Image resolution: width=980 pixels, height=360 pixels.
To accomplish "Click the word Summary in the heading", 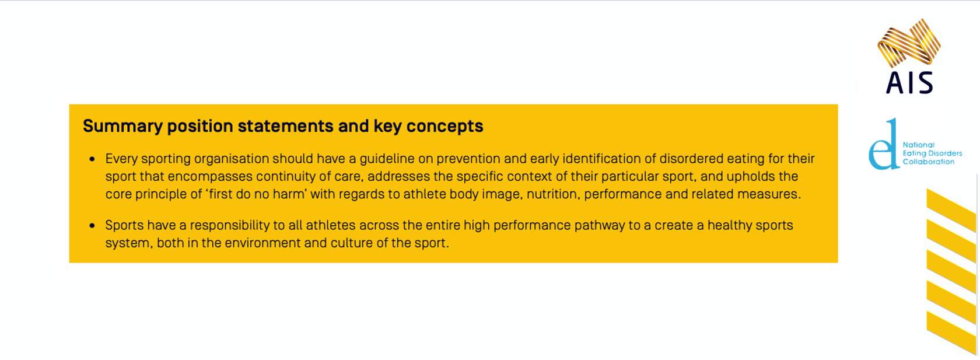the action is coord(123,127).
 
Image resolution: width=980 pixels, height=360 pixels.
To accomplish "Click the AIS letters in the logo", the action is coord(909,83).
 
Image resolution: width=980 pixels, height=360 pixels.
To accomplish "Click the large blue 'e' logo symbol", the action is coord(883,144).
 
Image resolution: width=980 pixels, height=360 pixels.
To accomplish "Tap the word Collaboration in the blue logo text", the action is coord(929,162).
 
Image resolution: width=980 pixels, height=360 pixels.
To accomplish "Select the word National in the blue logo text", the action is coord(918,145).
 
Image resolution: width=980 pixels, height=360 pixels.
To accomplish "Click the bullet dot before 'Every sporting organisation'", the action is coord(92,159).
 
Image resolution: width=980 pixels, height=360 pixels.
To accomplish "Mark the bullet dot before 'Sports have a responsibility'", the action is coord(92,226).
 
